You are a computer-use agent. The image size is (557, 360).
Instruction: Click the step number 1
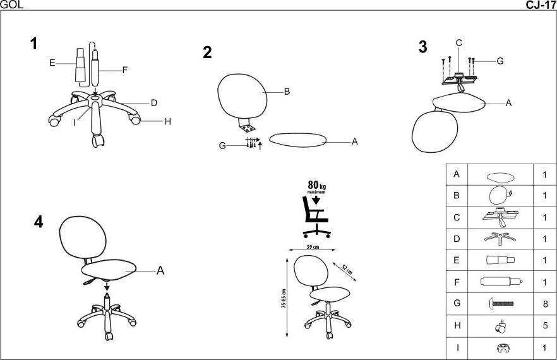[x=33, y=44]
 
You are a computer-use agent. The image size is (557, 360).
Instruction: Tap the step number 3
[x=422, y=47]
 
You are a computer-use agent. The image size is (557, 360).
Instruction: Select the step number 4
[x=39, y=222]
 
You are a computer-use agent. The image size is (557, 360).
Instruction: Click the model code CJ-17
[x=541, y=5]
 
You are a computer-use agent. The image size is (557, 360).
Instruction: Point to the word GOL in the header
[x=12, y=4]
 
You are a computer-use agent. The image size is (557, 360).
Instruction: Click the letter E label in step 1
[x=52, y=63]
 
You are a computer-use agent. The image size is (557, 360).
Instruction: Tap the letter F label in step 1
[x=124, y=70]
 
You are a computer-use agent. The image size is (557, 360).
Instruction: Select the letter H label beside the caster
[x=168, y=121]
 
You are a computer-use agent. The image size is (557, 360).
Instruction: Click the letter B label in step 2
[x=287, y=92]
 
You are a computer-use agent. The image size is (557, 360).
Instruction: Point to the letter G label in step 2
[x=222, y=146]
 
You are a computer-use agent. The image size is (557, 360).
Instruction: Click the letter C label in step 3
[x=459, y=43]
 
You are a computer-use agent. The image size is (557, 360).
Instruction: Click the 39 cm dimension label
[x=313, y=247]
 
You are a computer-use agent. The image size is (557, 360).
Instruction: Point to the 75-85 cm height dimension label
[x=284, y=298]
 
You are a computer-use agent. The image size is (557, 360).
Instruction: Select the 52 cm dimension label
[x=347, y=270]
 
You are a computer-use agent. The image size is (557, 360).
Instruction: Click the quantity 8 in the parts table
[x=545, y=304]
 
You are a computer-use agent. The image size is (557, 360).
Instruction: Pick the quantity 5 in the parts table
[x=545, y=325]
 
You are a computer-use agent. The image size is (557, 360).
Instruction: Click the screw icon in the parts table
[x=501, y=304]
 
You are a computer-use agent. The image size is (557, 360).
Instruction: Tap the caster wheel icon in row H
[x=501, y=327]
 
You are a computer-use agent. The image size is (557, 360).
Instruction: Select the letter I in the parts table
[x=457, y=347]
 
